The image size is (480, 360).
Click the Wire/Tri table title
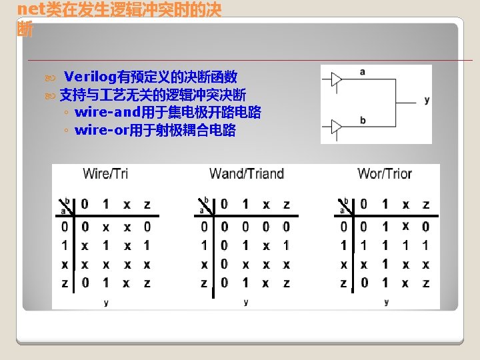(105, 174)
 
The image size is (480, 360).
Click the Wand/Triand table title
(246, 174)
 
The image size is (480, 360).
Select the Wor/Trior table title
(385, 174)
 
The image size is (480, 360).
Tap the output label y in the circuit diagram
(427, 100)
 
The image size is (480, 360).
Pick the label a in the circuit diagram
(363, 71)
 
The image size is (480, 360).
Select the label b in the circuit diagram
(363, 121)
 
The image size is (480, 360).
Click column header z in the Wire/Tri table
(147, 204)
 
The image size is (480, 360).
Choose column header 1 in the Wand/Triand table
(245, 204)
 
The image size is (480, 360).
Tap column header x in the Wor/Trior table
(405, 204)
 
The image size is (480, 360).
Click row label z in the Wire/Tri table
(65, 283)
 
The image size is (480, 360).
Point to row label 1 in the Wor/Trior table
(344, 245)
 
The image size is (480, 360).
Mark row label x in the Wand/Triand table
(204, 264)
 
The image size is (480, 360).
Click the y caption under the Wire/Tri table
(106, 303)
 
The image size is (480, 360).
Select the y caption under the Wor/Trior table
(386, 302)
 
